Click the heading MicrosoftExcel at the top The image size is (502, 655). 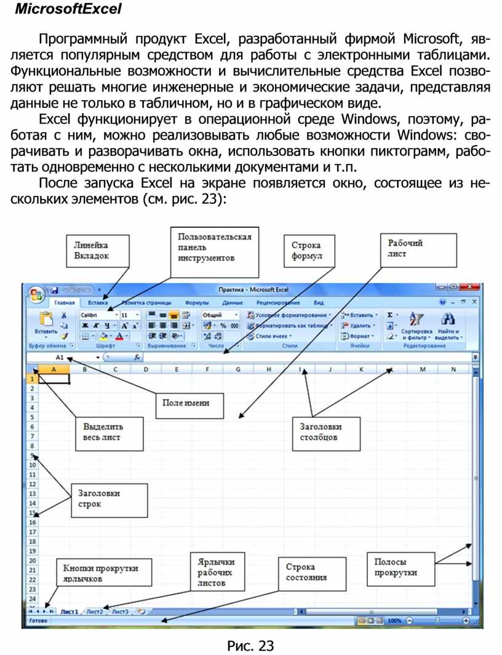68,10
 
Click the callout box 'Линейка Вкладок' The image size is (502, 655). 98,250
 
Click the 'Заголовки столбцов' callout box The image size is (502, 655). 324,432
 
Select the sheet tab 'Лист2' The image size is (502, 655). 94,611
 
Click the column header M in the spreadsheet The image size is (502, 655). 423,369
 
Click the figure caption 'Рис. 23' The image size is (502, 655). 250,645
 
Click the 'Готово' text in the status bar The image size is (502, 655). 39,621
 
